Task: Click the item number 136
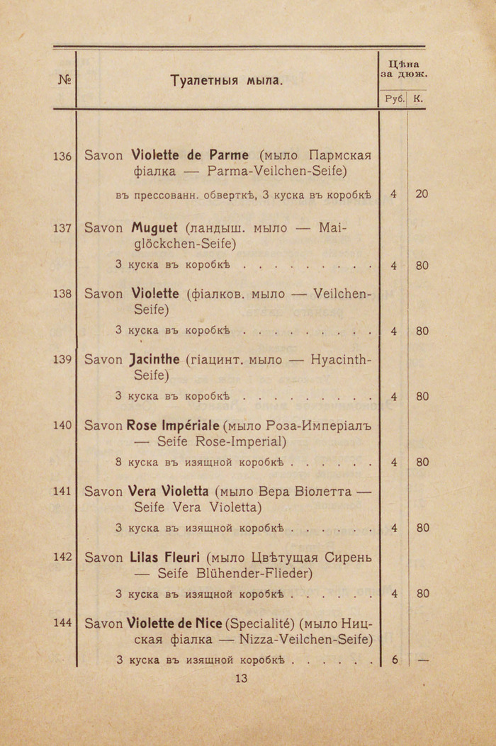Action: tap(62, 156)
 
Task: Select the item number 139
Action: tap(62, 359)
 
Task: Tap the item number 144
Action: tap(62, 622)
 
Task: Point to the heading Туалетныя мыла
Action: tap(227, 81)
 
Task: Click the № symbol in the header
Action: tap(64, 80)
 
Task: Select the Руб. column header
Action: tap(393, 99)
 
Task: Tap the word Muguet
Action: tap(154, 228)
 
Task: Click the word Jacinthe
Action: tap(155, 359)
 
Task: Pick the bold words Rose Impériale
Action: tap(173, 425)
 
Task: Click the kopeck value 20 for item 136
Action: tap(422, 193)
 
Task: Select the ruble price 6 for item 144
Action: tap(395, 660)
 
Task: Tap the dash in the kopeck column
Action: tap(423, 660)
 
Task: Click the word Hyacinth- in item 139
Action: tap(341, 359)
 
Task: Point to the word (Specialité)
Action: tap(259, 623)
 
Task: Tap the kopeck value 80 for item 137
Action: tap(422, 266)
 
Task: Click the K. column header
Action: tap(418, 99)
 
